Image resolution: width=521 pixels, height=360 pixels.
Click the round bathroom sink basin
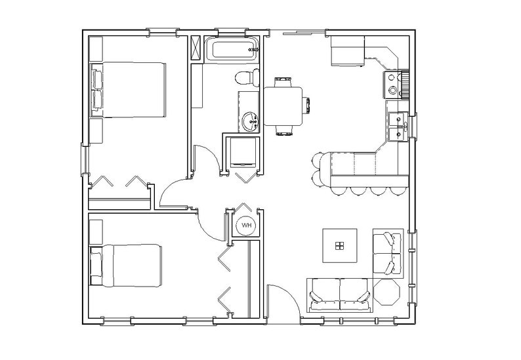[x=250, y=121]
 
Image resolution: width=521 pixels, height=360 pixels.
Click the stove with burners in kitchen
[x=392, y=84]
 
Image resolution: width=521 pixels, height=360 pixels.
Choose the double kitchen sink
[x=396, y=126]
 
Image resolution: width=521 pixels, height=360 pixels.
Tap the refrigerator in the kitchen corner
[x=347, y=52]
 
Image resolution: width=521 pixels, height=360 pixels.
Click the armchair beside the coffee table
[x=387, y=253]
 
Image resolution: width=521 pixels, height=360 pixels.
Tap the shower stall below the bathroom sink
[x=242, y=153]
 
